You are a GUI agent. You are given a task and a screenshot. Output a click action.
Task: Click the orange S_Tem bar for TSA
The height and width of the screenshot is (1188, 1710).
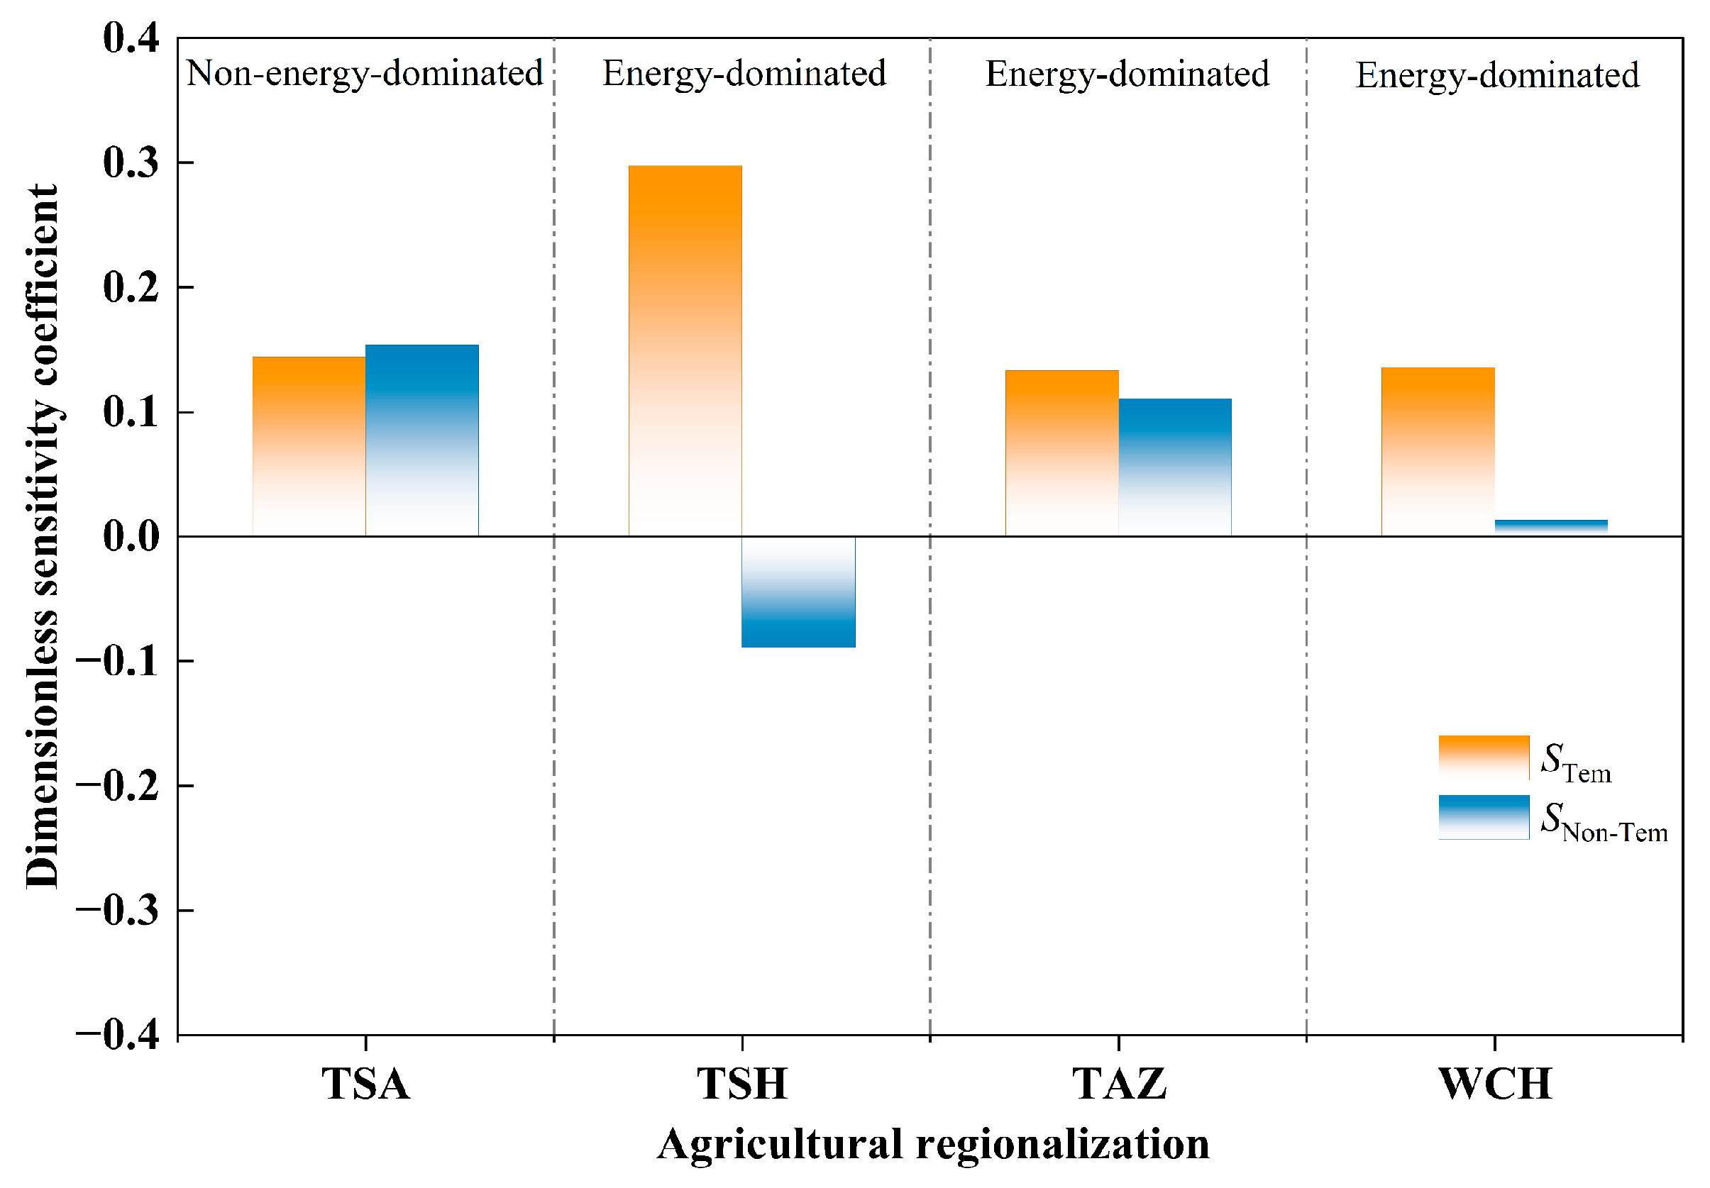[x=309, y=446]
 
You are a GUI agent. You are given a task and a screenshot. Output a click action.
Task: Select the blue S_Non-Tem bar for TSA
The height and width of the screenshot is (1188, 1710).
[x=422, y=440]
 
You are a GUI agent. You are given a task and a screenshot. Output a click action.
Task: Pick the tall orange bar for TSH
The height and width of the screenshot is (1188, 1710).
[x=685, y=350]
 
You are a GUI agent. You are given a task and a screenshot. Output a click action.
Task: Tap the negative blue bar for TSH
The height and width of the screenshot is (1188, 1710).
[x=798, y=592]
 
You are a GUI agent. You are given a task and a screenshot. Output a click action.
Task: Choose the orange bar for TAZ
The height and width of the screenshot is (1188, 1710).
[x=1061, y=453]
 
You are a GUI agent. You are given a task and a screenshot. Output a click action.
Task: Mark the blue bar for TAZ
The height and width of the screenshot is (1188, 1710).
[x=1175, y=467]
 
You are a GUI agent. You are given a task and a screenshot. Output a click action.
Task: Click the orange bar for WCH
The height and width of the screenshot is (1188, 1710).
[x=1438, y=452]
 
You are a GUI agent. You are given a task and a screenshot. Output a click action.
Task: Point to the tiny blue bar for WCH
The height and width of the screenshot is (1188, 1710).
[x=1552, y=528]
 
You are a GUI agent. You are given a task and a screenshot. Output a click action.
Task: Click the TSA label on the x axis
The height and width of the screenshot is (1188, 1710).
[x=365, y=1084]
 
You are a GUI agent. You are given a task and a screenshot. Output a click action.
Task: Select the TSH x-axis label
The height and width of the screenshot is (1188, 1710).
[x=742, y=1084]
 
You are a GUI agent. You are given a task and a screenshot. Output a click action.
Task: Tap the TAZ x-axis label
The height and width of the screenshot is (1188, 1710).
[x=1119, y=1084]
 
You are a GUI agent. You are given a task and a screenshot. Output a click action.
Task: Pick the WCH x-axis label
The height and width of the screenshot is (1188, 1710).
[x=1495, y=1084]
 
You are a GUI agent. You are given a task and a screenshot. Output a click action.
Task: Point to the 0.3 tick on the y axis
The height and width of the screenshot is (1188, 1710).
[x=131, y=162]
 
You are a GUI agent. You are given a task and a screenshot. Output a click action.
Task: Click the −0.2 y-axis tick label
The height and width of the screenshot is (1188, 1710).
[x=118, y=786]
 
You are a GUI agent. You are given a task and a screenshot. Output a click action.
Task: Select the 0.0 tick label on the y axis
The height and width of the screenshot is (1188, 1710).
[x=131, y=537]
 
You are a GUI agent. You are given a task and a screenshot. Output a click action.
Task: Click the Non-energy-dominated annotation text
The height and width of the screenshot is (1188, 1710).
[x=365, y=74]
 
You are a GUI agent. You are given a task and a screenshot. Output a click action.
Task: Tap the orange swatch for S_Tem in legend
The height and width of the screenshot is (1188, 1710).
[x=1484, y=757]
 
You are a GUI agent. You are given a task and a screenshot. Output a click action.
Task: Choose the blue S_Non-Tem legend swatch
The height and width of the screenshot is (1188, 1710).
[x=1484, y=817]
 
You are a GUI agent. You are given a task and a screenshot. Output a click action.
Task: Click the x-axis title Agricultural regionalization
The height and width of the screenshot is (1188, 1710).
[x=933, y=1144]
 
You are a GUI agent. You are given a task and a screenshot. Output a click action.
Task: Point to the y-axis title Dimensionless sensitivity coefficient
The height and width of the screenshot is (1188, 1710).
[x=42, y=536]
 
